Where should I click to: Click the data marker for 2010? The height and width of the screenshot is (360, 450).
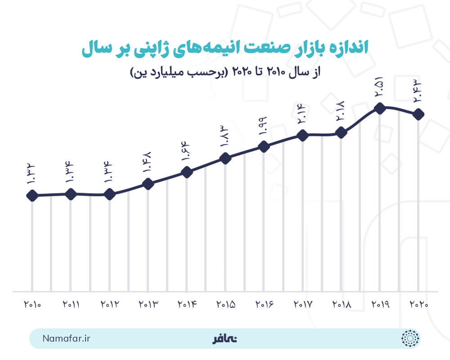tap(32, 196)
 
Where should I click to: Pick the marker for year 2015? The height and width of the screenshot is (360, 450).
tap(225, 158)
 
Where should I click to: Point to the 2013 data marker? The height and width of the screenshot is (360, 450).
tap(148, 184)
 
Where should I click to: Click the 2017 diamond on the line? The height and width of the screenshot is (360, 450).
tap(303, 135)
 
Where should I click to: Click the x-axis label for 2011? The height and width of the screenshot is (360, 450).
tap(71, 305)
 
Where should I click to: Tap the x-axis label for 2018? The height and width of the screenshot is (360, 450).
tap(342, 305)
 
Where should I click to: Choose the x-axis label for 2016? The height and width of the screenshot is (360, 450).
tap(264, 305)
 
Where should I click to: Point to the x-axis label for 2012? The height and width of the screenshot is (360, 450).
tap(109, 305)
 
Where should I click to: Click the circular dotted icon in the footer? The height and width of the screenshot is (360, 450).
tap(409, 338)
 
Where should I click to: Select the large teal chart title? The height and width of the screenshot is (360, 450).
tap(225, 49)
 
